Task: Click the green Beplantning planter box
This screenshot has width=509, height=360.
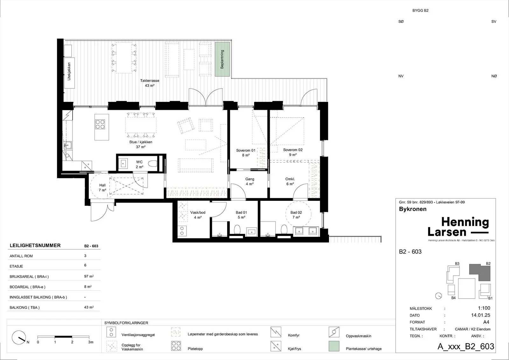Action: pyautogui.click(x=222, y=59)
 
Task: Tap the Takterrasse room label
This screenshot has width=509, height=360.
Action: pyautogui.click(x=150, y=83)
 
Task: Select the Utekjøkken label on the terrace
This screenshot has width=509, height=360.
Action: pyautogui.click(x=69, y=71)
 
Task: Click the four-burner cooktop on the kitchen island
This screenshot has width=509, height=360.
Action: pyautogui.click(x=100, y=124)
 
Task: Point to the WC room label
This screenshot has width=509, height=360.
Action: pyautogui.click(x=139, y=165)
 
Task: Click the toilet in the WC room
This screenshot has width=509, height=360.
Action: pyautogui.click(x=153, y=164)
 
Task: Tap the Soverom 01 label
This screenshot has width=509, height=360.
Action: pyautogui.click(x=246, y=152)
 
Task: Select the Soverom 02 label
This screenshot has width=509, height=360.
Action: pyautogui.click(x=293, y=152)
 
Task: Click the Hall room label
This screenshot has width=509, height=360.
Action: pyautogui.click(x=102, y=187)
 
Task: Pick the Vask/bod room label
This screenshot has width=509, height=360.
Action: pyautogui.click(x=198, y=215)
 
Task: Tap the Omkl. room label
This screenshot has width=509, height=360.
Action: pyautogui.click(x=290, y=181)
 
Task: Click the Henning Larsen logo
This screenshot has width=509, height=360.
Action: pyautogui.click(x=458, y=227)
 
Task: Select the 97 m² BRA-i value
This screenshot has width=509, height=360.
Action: pyautogui.click(x=89, y=276)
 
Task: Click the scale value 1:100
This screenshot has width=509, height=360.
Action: pyautogui.click(x=484, y=308)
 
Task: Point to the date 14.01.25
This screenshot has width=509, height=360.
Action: pyautogui.click(x=481, y=315)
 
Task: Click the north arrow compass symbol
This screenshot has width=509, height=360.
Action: pyautogui.click(x=19, y=338)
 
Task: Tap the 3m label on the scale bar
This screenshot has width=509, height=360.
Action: pyautogui.click(x=91, y=342)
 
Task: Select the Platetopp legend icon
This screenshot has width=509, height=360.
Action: pyautogui.click(x=176, y=346)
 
